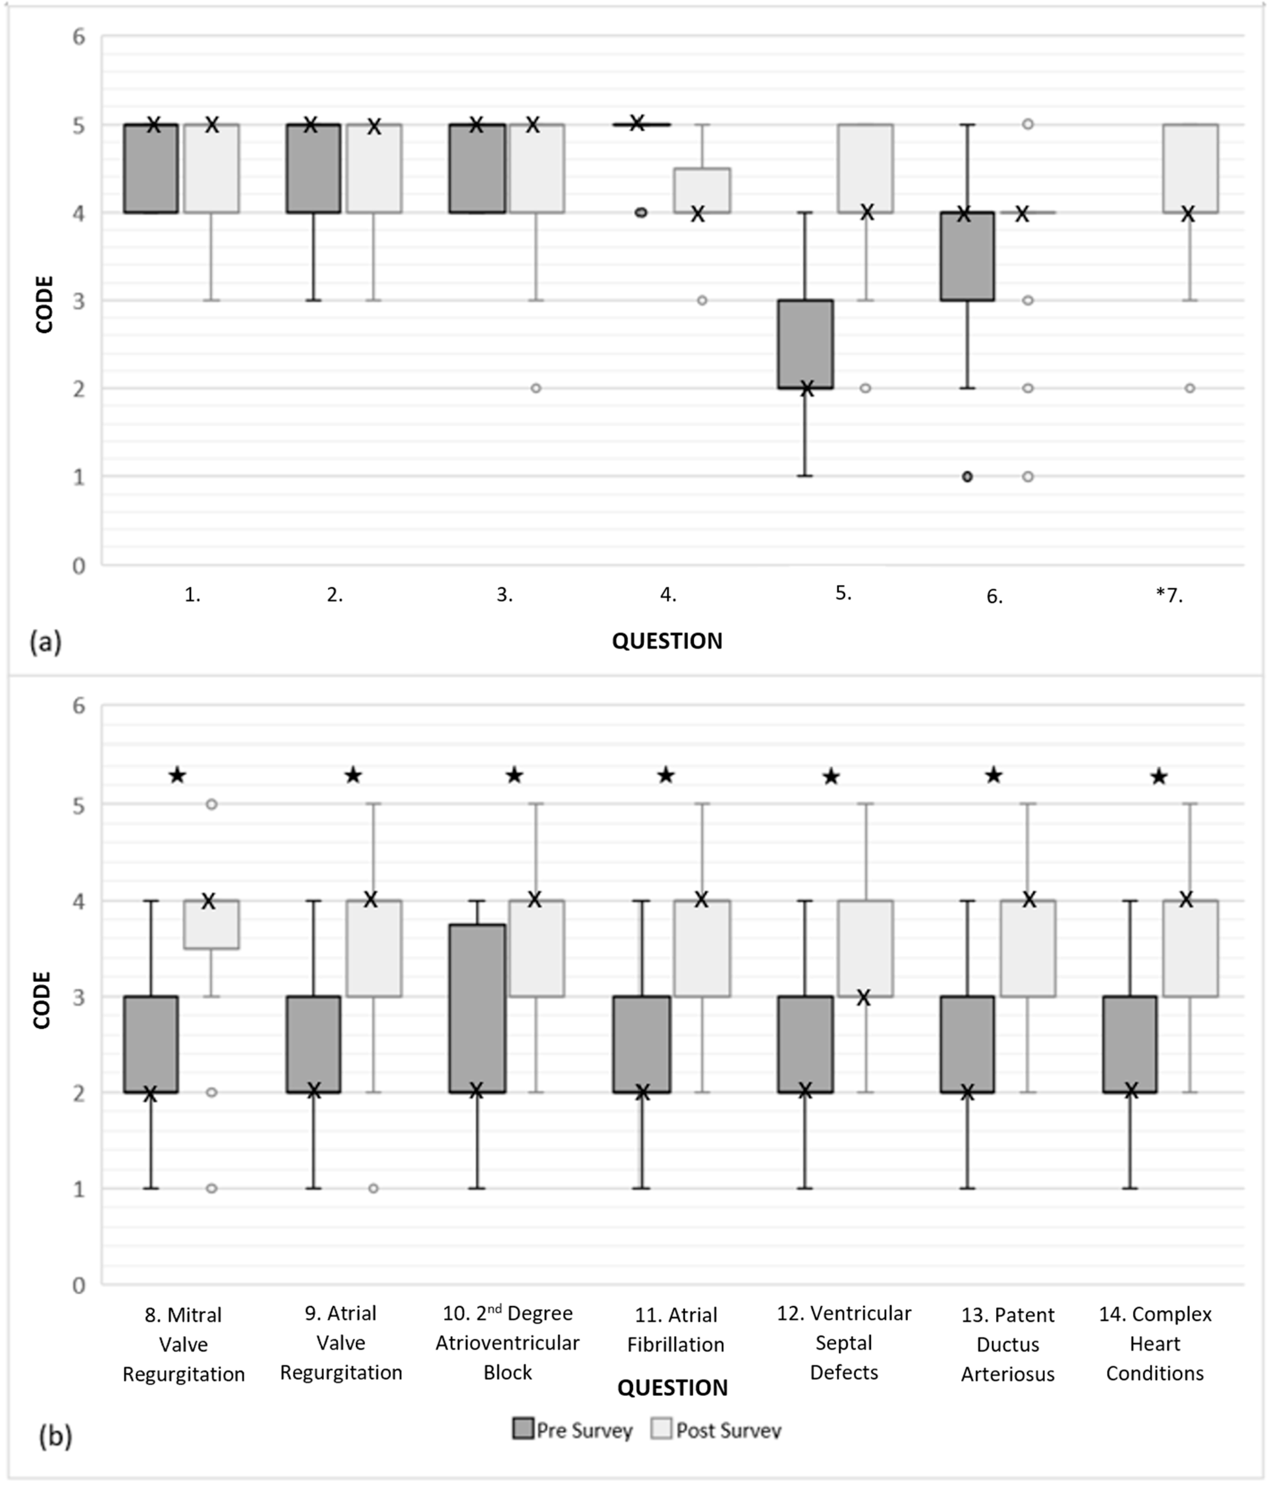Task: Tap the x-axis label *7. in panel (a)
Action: click(1170, 595)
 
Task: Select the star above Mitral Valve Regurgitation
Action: click(177, 775)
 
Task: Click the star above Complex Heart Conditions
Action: click(1159, 777)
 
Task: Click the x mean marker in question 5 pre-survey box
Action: click(806, 388)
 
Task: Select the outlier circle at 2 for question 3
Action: click(536, 388)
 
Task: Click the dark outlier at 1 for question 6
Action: click(967, 476)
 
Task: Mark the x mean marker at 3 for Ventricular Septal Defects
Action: click(863, 997)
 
